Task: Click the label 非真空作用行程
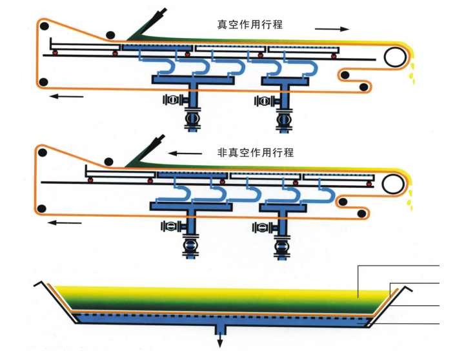pyautogui.click(x=256, y=153)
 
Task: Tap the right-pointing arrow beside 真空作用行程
pyautogui.click(x=332, y=29)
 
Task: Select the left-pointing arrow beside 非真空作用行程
pyautogui.click(x=184, y=154)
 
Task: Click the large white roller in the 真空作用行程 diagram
pyautogui.click(x=394, y=57)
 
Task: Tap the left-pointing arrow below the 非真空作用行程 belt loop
pyautogui.click(x=66, y=223)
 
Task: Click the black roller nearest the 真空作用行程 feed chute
pyautogui.click(x=111, y=35)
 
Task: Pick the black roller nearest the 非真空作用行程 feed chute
pyautogui.click(x=110, y=162)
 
